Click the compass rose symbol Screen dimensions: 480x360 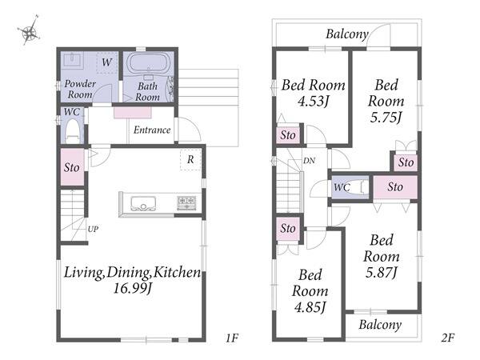[29, 30]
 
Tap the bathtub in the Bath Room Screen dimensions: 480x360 [147, 62]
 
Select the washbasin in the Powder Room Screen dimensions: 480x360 [72, 60]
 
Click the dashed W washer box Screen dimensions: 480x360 [107, 62]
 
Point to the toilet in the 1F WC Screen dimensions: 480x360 [72, 131]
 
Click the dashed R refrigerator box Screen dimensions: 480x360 [190, 159]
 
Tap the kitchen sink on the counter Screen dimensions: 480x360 [143, 203]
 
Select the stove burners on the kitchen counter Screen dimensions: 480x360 [186, 203]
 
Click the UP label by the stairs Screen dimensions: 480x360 [93, 229]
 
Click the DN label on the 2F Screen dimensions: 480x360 [309, 161]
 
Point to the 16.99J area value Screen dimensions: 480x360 [133, 288]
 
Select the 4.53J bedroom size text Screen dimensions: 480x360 [313, 101]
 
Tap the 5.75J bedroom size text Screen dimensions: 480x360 [386, 118]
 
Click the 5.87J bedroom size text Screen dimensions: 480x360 [382, 273]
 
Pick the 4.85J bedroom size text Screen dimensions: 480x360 [310, 306]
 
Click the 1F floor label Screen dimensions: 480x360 [232, 338]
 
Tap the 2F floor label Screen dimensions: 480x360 [447, 338]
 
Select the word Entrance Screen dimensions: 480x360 [152, 130]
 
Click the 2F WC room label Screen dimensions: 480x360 [342, 187]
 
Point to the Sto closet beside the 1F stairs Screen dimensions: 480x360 [72, 167]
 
